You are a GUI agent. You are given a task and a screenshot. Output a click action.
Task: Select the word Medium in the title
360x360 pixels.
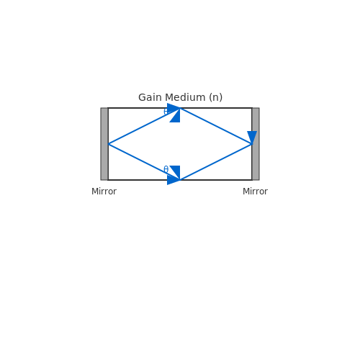[x=185, y=97]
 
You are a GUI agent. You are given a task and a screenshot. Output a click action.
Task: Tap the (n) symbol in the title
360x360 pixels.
[x=215, y=97]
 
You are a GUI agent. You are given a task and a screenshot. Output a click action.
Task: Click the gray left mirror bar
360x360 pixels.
[x=104, y=144]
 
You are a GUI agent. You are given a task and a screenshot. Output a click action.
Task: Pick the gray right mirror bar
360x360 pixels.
[x=256, y=144]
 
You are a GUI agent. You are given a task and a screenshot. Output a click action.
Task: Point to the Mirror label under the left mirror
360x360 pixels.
[x=104, y=192]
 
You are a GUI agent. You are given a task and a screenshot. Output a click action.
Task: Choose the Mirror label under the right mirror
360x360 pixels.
[x=255, y=192]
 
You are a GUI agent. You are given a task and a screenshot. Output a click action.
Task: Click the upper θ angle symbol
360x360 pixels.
[x=166, y=112]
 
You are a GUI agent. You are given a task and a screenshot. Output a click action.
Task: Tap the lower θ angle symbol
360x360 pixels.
[x=166, y=169]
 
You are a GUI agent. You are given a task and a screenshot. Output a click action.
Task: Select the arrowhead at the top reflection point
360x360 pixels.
[x=173, y=109]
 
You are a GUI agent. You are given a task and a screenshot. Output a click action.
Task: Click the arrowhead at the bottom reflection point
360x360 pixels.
[x=173, y=179]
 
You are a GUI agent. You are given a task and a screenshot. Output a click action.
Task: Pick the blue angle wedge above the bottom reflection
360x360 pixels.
[x=176, y=170]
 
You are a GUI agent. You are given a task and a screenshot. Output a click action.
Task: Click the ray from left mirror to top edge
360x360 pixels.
[x=144, y=126]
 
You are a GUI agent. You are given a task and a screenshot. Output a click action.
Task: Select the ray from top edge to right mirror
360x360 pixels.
[x=216, y=126]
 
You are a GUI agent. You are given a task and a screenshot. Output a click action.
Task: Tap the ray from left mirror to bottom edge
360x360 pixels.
[x=144, y=162]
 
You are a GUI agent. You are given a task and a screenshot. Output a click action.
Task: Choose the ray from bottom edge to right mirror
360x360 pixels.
[x=216, y=162]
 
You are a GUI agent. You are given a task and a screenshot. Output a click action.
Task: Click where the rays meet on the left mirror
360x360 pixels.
[x=108, y=144]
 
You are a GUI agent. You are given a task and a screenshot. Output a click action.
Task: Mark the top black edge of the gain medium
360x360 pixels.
[x=180, y=108]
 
